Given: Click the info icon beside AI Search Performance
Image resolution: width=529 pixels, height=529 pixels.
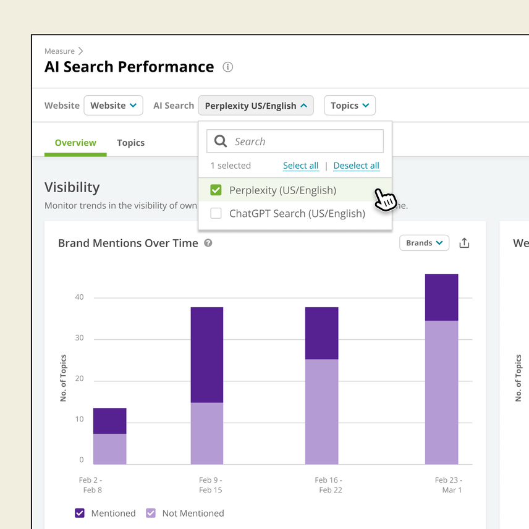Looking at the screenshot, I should [x=227, y=67].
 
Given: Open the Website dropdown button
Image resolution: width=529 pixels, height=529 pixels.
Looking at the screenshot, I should [x=113, y=106].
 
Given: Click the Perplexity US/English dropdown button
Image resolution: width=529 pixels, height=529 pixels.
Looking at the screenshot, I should [x=256, y=106].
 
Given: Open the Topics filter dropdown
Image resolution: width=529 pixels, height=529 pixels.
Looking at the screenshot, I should [x=349, y=106].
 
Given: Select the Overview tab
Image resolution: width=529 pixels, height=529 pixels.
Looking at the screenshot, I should [x=75, y=143].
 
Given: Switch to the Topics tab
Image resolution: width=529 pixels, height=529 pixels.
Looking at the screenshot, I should [x=130, y=143].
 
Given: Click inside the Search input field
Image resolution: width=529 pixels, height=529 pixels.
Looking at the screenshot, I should [x=303, y=142].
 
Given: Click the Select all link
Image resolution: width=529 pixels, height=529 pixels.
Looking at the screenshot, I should [x=301, y=166].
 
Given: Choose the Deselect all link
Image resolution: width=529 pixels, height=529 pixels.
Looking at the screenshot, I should [x=356, y=166].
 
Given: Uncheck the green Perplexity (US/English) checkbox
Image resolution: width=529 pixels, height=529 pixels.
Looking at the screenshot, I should [x=216, y=190].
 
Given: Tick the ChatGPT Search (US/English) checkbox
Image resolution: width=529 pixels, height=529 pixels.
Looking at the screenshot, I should [x=216, y=214].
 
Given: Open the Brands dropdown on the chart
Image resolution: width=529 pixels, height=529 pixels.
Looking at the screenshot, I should [x=424, y=243].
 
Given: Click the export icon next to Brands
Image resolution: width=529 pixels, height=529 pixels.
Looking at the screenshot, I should [x=464, y=243].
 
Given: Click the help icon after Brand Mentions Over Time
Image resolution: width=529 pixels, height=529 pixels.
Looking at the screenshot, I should [x=208, y=243].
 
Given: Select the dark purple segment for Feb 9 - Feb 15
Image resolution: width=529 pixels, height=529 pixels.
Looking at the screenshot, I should [x=206, y=355].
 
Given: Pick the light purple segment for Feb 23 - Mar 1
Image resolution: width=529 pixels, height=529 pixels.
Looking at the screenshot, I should [x=441, y=392].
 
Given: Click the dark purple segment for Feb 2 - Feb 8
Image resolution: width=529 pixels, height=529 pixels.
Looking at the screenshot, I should [x=109, y=421].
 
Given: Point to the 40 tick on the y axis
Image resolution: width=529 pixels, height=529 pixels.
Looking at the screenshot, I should [x=79, y=297].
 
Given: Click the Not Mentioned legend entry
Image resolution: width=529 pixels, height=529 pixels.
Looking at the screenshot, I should [x=185, y=513].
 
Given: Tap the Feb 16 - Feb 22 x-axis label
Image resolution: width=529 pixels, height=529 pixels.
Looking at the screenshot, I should [x=328, y=485].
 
